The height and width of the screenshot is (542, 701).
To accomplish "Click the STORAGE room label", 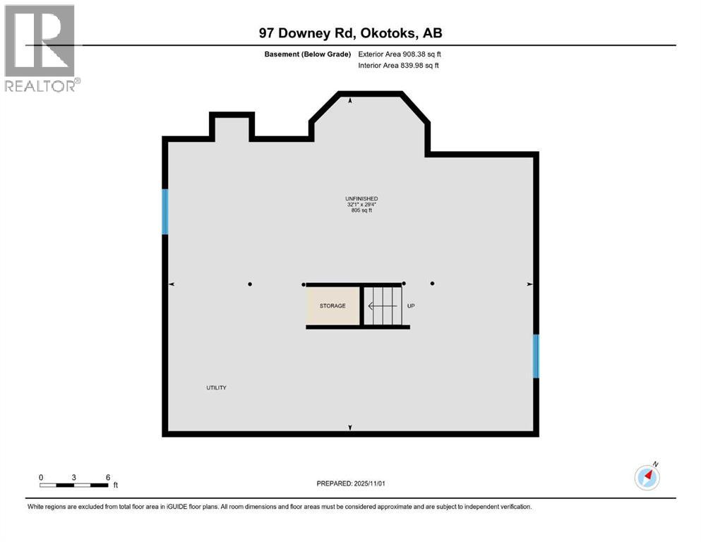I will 332,306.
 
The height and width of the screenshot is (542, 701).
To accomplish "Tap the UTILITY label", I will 216,387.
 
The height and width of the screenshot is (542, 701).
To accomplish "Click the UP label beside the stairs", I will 410,306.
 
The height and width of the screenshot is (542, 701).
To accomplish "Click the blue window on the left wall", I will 165,212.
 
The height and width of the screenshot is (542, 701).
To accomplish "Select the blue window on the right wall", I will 536,356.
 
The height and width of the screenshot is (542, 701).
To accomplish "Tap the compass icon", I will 647,478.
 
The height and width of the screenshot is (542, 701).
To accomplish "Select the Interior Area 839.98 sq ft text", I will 398,66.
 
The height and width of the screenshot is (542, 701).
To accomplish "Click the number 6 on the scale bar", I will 108,477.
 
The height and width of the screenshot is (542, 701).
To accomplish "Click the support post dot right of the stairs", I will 432,284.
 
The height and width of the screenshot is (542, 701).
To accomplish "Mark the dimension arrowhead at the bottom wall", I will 350,428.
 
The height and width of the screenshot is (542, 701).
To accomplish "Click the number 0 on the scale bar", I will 41,477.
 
